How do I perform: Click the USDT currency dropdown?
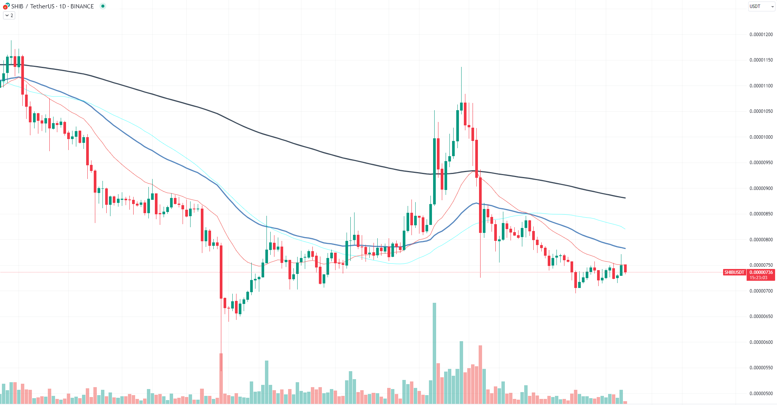point(761,6)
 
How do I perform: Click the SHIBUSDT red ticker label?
point(734,272)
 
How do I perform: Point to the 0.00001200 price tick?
point(761,35)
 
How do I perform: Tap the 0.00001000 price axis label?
point(761,137)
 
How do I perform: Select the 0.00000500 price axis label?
point(761,394)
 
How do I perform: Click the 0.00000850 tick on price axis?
point(761,214)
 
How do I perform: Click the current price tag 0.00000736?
point(761,272)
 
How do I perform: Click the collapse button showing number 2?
point(9,16)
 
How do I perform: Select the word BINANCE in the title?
point(82,6)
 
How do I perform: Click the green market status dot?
point(102,6)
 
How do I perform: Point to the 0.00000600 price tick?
point(761,342)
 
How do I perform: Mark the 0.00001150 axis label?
point(761,60)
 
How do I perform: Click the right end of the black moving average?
point(625,198)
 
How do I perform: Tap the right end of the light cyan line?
point(625,229)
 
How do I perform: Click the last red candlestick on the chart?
point(625,268)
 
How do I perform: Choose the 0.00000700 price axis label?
point(761,291)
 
